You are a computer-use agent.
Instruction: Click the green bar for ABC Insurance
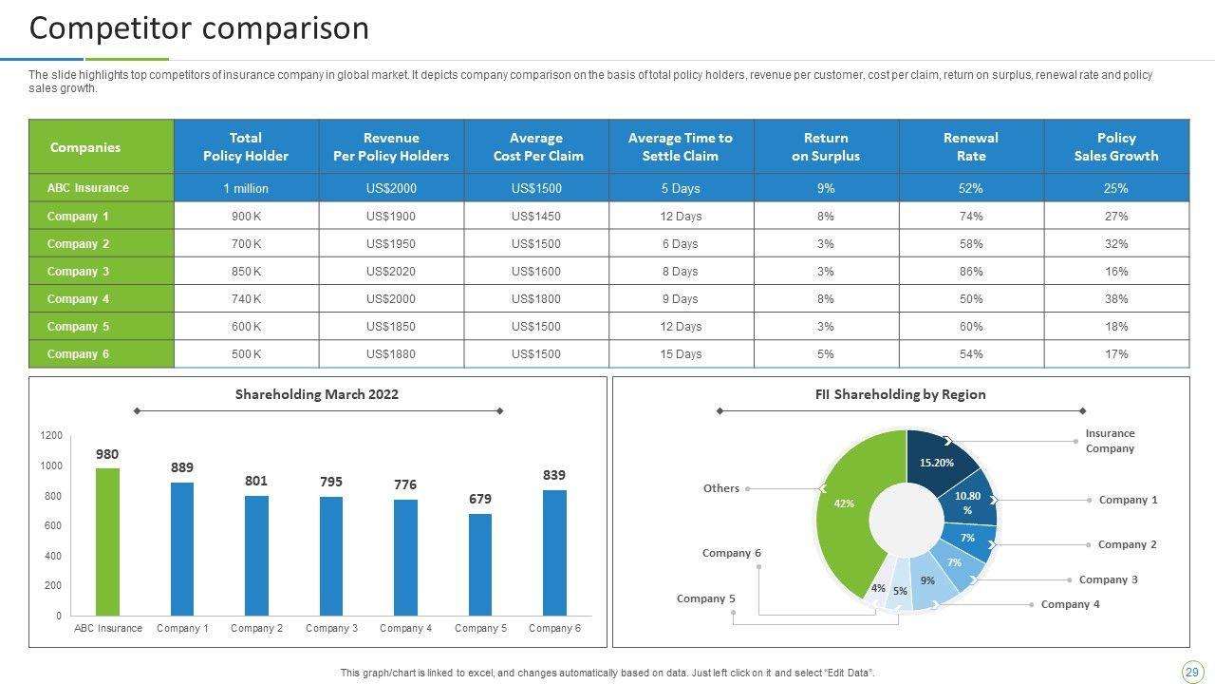click(108, 541)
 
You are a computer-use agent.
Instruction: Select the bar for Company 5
click(480, 565)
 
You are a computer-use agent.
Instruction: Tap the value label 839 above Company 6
click(554, 475)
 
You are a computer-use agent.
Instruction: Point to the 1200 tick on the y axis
click(51, 436)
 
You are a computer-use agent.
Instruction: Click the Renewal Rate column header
click(971, 147)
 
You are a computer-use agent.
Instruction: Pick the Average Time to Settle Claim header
click(681, 147)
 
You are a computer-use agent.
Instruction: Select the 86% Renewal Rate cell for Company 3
click(971, 272)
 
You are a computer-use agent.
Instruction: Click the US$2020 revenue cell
click(391, 272)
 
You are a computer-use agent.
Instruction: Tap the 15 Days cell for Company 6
click(681, 354)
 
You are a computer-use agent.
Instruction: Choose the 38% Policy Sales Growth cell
click(1116, 299)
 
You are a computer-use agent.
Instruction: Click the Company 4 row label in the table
click(78, 299)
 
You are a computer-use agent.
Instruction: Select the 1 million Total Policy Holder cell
click(246, 189)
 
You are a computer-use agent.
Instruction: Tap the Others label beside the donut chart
click(721, 488)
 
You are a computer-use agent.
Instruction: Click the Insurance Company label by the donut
click(1110, 441)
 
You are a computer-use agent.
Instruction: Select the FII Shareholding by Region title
click(900, 394)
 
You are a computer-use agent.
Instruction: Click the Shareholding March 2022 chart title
click(317, 394)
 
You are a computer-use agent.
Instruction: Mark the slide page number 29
click(1191, 672)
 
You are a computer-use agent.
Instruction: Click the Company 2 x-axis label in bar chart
click(257, 628)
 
